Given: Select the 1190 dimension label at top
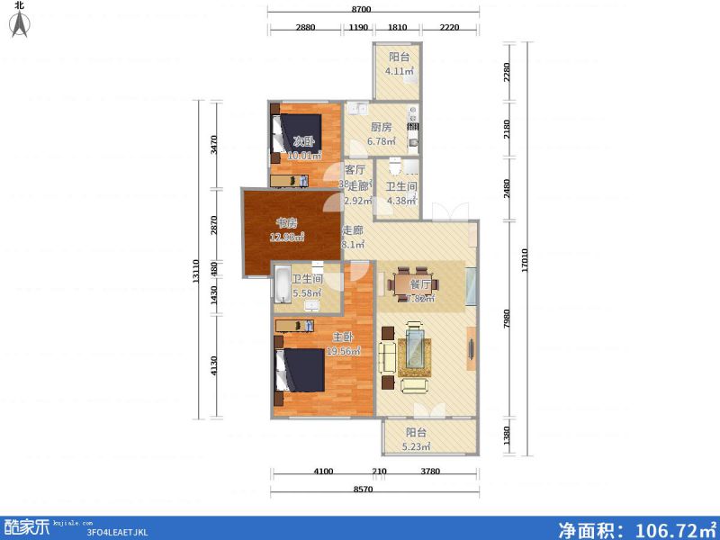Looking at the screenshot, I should (x=358, y=28).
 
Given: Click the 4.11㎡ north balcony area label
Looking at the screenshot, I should (x=400, y=71).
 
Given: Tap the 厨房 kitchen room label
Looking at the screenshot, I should (x=381, y=128).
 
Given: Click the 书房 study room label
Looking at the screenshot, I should (x=287, y=223).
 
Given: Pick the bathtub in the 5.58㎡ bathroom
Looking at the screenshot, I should (x=282, y=284).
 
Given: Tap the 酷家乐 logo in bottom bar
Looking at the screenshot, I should (x=26, y=527).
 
